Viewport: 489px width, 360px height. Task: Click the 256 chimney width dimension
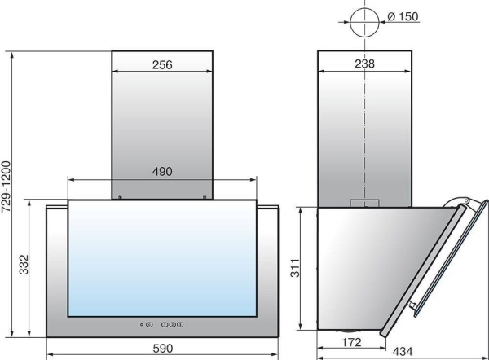point(162,65)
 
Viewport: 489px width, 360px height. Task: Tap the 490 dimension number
point(162,171)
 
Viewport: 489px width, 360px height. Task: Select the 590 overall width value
point(163,349)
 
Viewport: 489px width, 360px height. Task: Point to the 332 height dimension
point(24,265)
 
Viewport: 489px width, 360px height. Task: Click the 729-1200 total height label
point(6,187)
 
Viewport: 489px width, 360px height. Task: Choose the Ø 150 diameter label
point(403,16)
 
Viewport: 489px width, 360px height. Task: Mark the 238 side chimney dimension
point(364,64)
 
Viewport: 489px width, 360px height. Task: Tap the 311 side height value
point(295,268)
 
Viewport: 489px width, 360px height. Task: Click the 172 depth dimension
point(351,342)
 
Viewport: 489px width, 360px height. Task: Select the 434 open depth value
point(403,352)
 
